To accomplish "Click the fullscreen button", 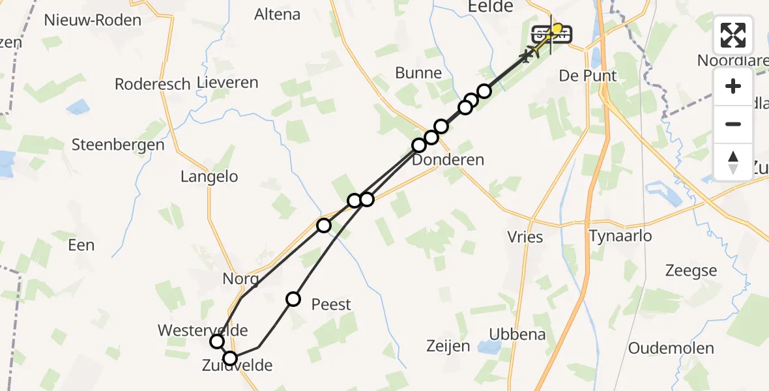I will click(x=733, y=35).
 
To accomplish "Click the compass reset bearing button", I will click(x=733, y=162).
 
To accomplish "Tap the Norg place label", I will click(x=240, y=279).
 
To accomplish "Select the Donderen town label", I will click(x=449, y=160).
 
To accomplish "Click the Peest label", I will click(x=331, y=304).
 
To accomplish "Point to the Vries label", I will click(x=525, y=237).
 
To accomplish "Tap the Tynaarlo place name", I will click(x=620, y=236).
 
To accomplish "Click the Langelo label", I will click(x=209, y=177).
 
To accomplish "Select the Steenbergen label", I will click(x=118, y=145).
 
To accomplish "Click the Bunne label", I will click(x=418, y=73).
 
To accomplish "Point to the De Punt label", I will click(x=588, y=76).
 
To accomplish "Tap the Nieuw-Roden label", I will click(x=93, y=20).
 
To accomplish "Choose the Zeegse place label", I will click(x=691, y=270).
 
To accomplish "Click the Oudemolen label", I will click(x=671, y=348).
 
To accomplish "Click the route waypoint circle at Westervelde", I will click(x=217, y=341).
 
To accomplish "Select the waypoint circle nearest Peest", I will click(x=293, y=299).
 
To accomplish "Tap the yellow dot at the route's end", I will click(x=557, y=28).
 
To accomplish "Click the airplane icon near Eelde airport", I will click(x=525, y=57).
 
